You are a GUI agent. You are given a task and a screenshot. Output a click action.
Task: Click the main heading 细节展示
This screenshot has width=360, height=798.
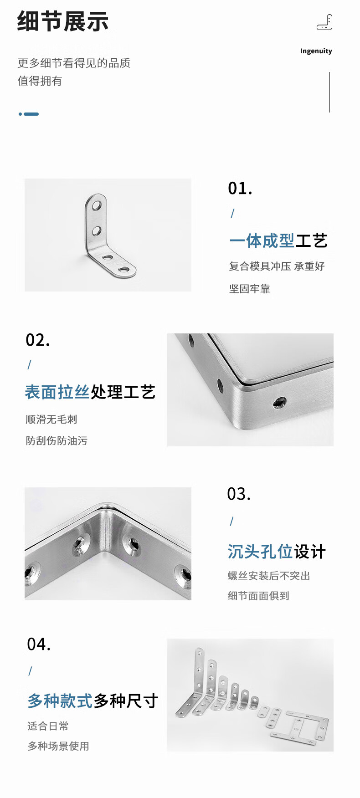tap(63, 21)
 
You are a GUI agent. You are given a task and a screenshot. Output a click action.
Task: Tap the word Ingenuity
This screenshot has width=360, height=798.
tap(316, 51)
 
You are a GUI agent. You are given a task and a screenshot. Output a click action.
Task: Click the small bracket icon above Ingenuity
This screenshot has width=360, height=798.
tap(324, 22)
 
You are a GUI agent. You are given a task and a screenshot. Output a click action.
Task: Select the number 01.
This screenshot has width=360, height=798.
tap(240, 188)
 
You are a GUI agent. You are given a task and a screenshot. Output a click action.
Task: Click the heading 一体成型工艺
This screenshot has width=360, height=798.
tap(278, 240)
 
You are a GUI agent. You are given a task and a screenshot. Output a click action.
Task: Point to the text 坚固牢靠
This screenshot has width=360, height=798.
tap(249, 289)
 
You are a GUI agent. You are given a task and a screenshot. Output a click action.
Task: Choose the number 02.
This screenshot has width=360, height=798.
tap(37, 340)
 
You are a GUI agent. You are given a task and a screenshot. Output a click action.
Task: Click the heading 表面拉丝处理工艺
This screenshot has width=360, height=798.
tap(90, 392)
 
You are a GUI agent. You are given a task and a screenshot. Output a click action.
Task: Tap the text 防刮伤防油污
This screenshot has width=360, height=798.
tap(57, 440)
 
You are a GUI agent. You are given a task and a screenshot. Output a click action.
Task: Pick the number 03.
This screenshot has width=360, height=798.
tap(239, 494)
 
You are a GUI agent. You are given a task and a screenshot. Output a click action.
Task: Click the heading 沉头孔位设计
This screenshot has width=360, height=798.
tap(277, 552)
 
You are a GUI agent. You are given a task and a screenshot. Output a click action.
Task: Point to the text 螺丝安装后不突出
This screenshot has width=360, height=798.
tap(269, 576)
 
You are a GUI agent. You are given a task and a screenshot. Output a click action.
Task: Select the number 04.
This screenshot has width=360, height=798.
tap(39, 644)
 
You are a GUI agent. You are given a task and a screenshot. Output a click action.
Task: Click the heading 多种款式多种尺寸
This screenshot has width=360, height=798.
tap(93, 701)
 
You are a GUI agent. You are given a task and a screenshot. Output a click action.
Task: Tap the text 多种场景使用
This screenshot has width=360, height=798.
tap(58, 746)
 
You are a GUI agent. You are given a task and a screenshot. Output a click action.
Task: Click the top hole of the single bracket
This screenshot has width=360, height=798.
tap(97, 205)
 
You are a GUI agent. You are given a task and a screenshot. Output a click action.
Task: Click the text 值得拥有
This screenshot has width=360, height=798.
tap(40, 81)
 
